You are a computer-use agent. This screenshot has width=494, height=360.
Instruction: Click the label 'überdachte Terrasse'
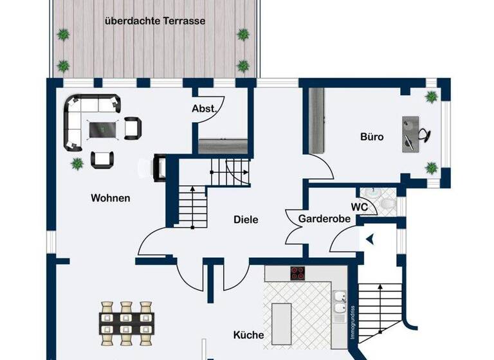coord(155,21)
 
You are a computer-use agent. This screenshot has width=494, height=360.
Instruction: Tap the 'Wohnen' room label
coord(110,198)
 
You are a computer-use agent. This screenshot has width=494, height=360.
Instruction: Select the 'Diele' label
coord(245,220)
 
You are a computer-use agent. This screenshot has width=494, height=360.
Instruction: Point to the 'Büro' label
coord(372,137)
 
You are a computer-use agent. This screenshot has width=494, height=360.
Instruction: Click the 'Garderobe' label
coord(324,219)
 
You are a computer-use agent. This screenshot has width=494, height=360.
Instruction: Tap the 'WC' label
coord(359,207)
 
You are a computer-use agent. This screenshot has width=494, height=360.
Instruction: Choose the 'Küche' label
coord(248,335)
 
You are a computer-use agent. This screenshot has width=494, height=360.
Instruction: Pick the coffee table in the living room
coord(103,128)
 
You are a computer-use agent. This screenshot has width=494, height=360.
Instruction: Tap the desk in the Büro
coord(410,134)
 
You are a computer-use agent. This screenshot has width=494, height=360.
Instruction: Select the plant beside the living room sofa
coord(77,163)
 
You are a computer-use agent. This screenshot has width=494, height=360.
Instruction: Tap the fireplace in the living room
coord(158,168)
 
